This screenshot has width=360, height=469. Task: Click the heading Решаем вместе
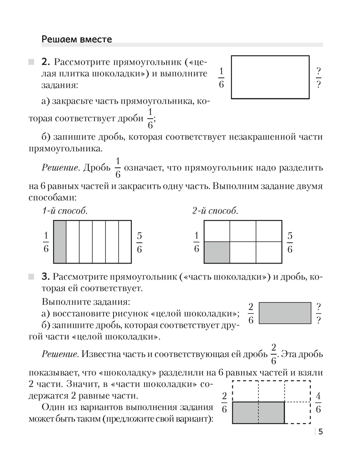tap(77, 39)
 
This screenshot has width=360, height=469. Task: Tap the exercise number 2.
tap(46, 62)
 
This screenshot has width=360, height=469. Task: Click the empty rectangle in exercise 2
tap(270, 77)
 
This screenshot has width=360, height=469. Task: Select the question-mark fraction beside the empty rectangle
tap(319, 78)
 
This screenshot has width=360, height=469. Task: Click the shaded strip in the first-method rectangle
tap(60, 242)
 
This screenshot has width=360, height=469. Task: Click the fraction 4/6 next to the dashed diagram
tap(318, 403)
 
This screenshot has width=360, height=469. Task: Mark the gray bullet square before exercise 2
tap(31, 62)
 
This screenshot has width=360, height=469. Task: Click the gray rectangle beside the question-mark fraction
tap(285, 313)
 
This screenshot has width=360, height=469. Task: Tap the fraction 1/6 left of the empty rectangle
tap(221, 78)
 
